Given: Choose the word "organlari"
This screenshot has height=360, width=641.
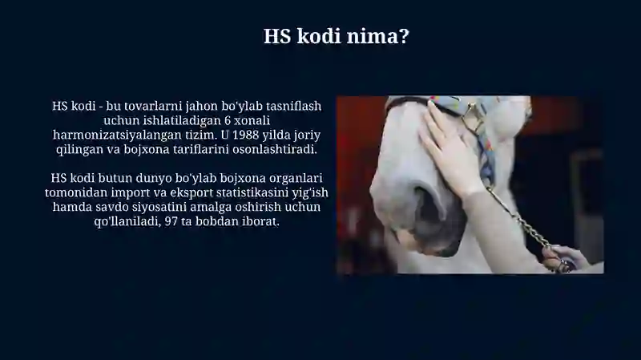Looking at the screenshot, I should (x=298, y=179).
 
